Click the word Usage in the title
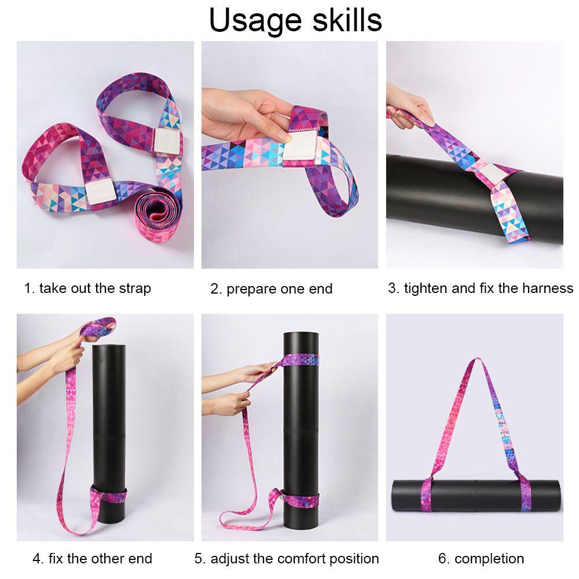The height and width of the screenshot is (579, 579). click(x=255, y=21)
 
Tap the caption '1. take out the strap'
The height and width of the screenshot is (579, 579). click(x=87, y=288)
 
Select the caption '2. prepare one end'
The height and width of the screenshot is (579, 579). click(x=272, y=289)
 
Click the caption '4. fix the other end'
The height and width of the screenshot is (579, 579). click(x=92, y=558)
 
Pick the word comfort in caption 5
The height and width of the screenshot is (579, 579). click(x=300, y=558)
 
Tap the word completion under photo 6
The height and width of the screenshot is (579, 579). click(x=489, y=559)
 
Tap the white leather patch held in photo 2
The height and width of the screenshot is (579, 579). click(x=300, y=145)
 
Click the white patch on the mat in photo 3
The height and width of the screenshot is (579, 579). click(x=491, y=174)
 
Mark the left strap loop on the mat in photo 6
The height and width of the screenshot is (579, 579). click(x=427, y=494)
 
